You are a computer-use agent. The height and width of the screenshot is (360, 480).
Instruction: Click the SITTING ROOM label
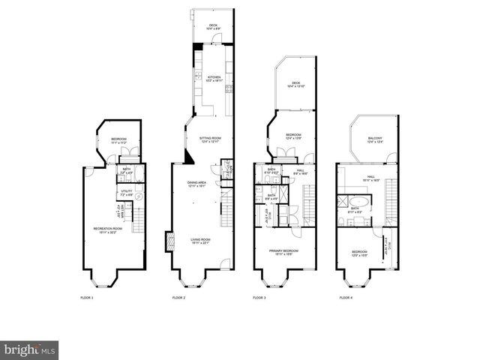pyautogui.click(x=211, y=139)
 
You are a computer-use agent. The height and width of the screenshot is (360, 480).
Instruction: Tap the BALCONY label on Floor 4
pyautogui.click(x=375, y=139)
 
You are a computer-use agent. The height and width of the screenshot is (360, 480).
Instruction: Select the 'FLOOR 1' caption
pyautogui.click(x=88, y=298)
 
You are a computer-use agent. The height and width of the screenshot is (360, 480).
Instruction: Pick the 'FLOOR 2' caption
pyautogui.click(x=178, y=298)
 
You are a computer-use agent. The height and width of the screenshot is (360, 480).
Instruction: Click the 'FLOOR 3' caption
pyautogui.click(x=259, y=298)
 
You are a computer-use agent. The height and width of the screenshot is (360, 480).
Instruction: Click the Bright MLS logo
pyautogui.click(x=30, y=349)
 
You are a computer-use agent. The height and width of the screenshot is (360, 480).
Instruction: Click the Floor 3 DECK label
pyautogui.click(x=296, y=85)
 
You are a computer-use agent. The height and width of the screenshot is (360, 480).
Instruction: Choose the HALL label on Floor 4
pyautogui.click(x=370, y=179)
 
